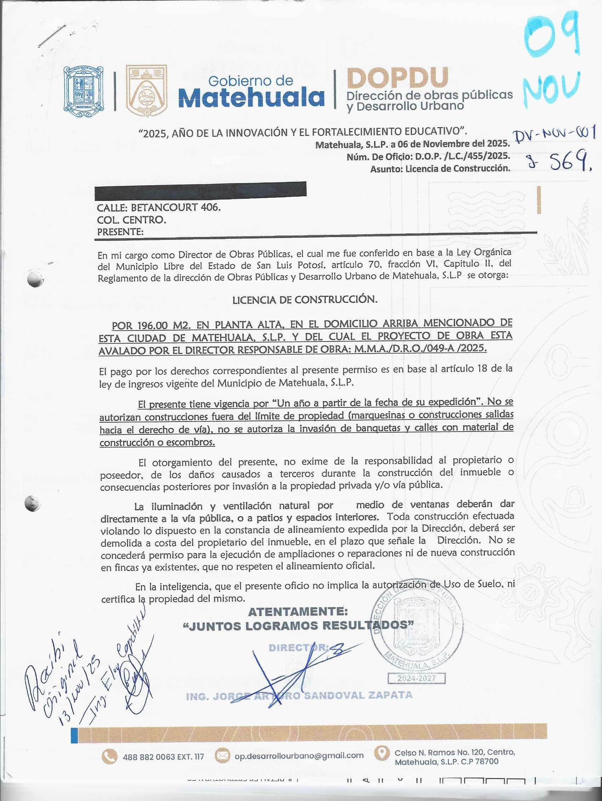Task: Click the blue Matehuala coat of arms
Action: pos(83,88)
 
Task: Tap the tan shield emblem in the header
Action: pos(146,90)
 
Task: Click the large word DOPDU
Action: pos(397,78)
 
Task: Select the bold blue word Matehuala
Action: pos(251,97)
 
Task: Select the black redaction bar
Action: pos(200,191)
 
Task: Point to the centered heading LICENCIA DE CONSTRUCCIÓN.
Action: pos(305,300)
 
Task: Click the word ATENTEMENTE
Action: pos(297,611)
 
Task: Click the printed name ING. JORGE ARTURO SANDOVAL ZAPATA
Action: pos(299,696)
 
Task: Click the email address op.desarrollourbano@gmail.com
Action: pos(299,755)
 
